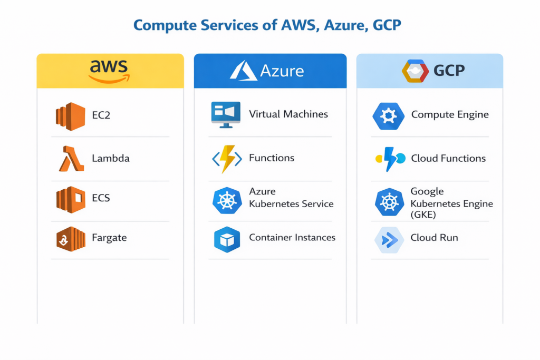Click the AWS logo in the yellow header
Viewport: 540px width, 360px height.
(x=109, y=71)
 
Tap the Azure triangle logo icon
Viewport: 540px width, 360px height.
(x=243, y=70)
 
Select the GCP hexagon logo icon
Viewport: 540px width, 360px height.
(x=415, y=71)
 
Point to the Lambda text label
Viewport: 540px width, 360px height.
(x=110, y=158)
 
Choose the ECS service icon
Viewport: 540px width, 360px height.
(x=70, y=199)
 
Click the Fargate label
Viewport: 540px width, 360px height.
(x=109, y=238)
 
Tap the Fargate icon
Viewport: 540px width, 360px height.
(x=70, y=239)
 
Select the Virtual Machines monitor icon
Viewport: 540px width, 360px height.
(x=226, y=114)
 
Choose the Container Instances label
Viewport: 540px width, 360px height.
(x=292, y=238)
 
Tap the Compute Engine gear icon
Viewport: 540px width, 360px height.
(x=389, y=115)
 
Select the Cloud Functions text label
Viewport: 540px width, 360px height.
(x=448, y=158)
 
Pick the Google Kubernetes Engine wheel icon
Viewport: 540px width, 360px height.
(x=389, y=201)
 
